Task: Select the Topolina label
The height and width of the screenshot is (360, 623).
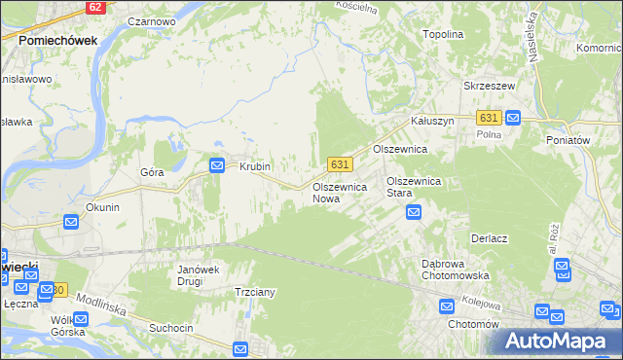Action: click(443, 33)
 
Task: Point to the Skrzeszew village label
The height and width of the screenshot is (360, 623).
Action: click(489, 86)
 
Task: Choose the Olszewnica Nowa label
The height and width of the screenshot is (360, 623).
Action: click(339, 192)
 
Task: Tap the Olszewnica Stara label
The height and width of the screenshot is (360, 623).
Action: click(415, 187)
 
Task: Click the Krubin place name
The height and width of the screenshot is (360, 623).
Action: click(255, 166)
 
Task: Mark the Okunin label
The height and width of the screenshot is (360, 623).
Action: click(102, 207)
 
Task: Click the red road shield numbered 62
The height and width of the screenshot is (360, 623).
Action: click(93, 6)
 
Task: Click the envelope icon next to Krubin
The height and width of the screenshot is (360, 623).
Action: click(217, 165)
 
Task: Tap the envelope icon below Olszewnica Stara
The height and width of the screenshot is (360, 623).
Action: click(414, 211)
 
